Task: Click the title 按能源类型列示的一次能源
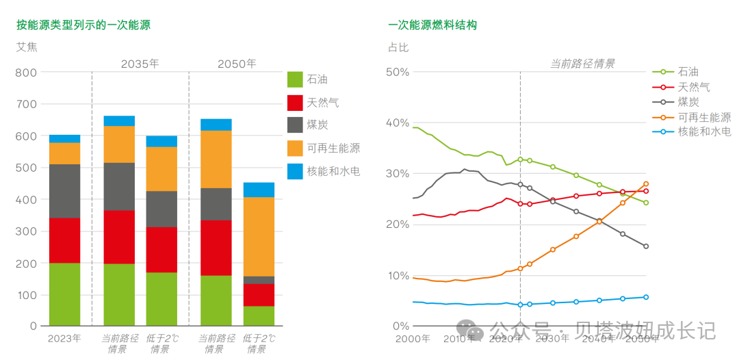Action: [83, 25]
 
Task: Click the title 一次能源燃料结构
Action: [432, 25]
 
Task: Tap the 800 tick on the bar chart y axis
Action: [26, 73]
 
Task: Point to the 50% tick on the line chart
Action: [398, 73]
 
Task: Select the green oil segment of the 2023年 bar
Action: [64, 294]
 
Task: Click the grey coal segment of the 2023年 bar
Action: [64, 191]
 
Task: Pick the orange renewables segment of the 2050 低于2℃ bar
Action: [259, 236]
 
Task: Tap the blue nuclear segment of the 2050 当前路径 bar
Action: [216, 125]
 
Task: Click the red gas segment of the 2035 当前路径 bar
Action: [119, 237]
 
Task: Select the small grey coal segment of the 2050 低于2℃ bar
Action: [259, 280]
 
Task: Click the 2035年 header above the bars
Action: [140, 64]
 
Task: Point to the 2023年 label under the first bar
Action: [64, 338]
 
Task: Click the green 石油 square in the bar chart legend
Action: [295, 79]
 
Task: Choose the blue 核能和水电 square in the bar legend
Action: [295, 171]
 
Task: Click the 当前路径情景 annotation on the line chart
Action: [582, 64]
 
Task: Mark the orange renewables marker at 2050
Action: [646, 184]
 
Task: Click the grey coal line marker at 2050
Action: [646, 246]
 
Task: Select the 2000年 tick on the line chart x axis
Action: [413, 339]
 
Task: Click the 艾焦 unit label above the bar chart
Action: [27, 47]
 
